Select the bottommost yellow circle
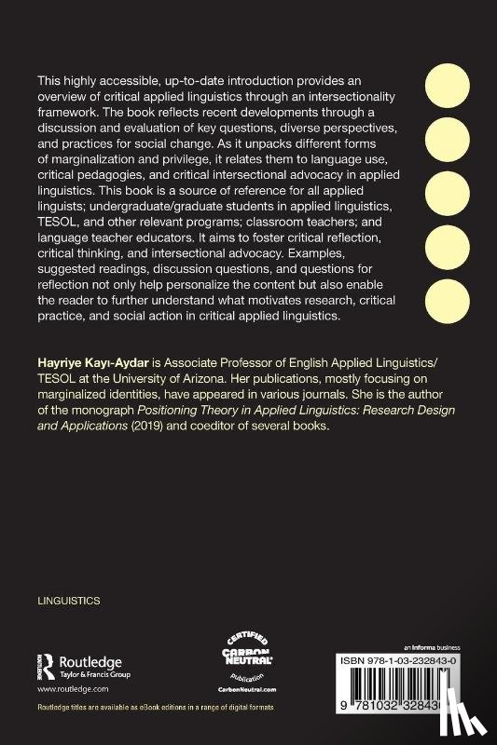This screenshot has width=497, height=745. [449, 299]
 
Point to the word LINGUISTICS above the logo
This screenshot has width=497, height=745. [68, 601]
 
